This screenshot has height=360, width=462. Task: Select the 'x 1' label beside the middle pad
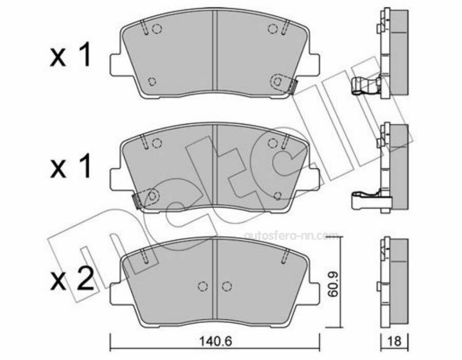pos(71,167)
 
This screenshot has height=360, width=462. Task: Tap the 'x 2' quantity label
pos(71,279)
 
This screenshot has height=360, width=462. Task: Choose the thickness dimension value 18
pos(394,340)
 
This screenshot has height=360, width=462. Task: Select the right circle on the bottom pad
pos(226,286)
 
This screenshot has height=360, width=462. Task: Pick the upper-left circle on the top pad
pos(158,29)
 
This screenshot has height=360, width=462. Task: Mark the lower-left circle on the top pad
pos(151,81)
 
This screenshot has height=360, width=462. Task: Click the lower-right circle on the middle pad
pos(278,195)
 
